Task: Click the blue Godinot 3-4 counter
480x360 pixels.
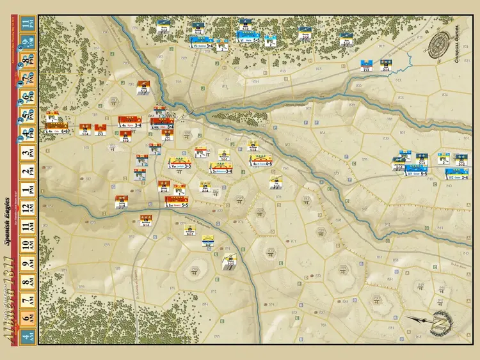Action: pos(204,45)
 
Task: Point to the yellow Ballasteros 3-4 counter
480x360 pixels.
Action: pos(221,169)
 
